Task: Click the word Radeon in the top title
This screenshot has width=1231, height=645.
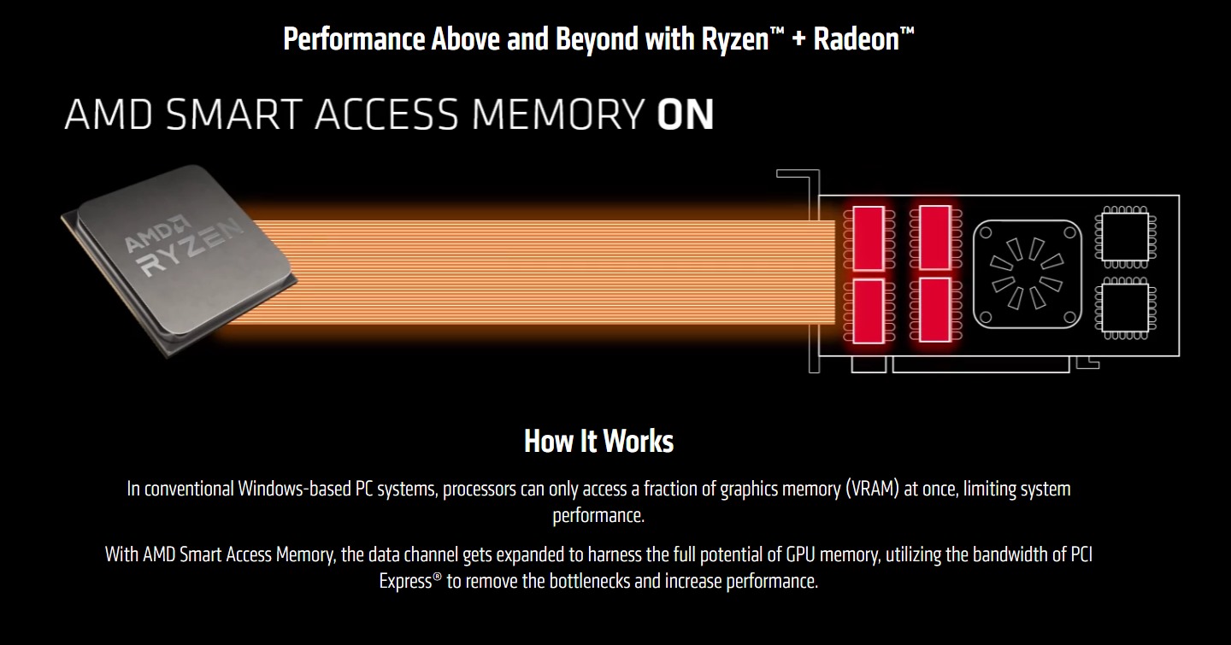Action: click(856, 39)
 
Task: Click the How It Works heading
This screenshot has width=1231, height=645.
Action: click(598, 441)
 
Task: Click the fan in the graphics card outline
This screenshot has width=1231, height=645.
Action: click(1027, 273)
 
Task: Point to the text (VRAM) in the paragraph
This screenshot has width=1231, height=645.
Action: click(872, 490)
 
